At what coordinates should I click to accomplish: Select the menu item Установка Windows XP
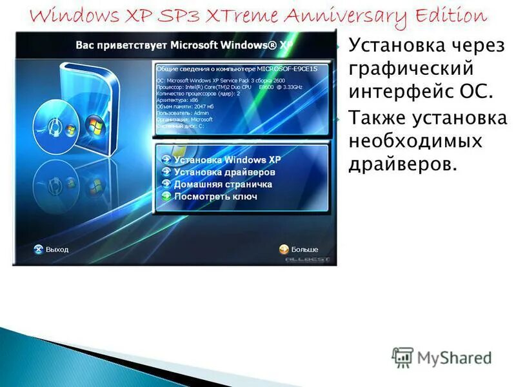point(228,159)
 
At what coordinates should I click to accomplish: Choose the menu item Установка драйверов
point(224,172)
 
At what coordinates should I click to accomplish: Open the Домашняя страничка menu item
point(223,184)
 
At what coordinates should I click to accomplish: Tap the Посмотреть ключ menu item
point(215,197)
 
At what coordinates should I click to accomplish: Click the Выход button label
point(57,249)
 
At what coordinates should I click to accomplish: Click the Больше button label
point(304,249)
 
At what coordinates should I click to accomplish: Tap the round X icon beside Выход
point(38,249)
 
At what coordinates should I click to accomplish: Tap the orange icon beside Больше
point(283,249)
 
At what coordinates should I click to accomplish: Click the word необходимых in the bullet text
point(415,141)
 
